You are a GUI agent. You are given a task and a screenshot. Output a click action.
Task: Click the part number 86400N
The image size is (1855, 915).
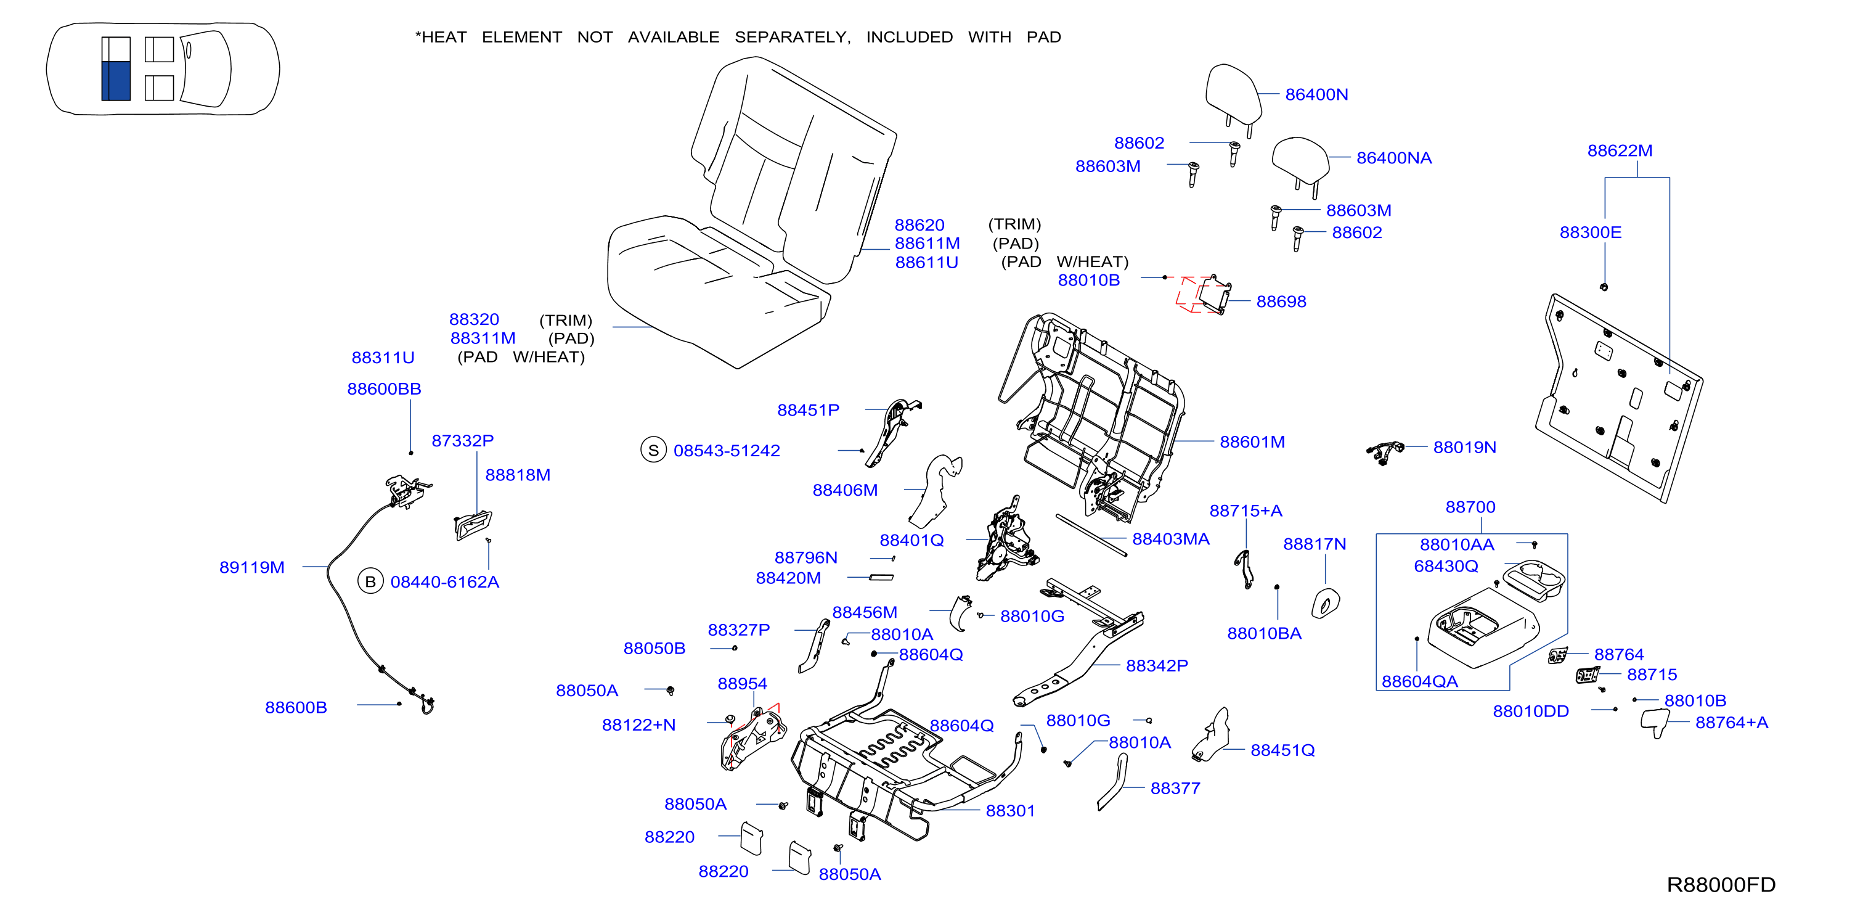[x=1316, y=94]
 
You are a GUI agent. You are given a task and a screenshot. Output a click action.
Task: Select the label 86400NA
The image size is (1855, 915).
[x=1394, y=158]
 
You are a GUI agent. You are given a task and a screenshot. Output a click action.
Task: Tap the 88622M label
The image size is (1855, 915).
[x=1620, y=150]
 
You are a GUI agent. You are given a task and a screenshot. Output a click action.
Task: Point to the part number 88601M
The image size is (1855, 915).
[x=1252, y=441]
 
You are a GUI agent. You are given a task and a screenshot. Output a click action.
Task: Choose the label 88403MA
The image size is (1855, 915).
[x=1171, y=539]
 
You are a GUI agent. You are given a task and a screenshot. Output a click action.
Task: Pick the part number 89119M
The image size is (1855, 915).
[x=252, y=567]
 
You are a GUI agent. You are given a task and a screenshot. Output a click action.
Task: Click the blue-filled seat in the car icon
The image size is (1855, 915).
[x=116, y=81]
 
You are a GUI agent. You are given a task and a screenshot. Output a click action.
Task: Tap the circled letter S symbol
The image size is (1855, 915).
[x=653, y=450]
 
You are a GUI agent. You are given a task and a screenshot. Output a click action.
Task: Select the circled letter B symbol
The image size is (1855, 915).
[x=370, y=581]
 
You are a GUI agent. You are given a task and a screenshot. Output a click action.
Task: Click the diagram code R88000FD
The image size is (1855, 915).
[x=1721, y=885]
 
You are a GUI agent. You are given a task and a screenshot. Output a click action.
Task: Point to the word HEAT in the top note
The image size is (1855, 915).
[x=444, y=37]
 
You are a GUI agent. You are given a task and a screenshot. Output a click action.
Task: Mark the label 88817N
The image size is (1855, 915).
[x=1314, y=544]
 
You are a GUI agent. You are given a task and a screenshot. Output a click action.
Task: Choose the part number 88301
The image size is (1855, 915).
[x=1010, y=811]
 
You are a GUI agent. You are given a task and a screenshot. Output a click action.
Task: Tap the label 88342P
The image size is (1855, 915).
[x=1157, y=666]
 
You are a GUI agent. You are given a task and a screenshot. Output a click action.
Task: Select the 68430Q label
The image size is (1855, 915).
[x=1446, y=566]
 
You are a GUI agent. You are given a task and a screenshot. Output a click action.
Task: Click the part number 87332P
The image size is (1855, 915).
[x=462, y=440]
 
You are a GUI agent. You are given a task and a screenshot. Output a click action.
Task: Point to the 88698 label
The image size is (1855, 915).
[x=1281, y=301]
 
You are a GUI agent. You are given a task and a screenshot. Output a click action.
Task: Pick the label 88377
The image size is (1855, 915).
[x=1175, y=788]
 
